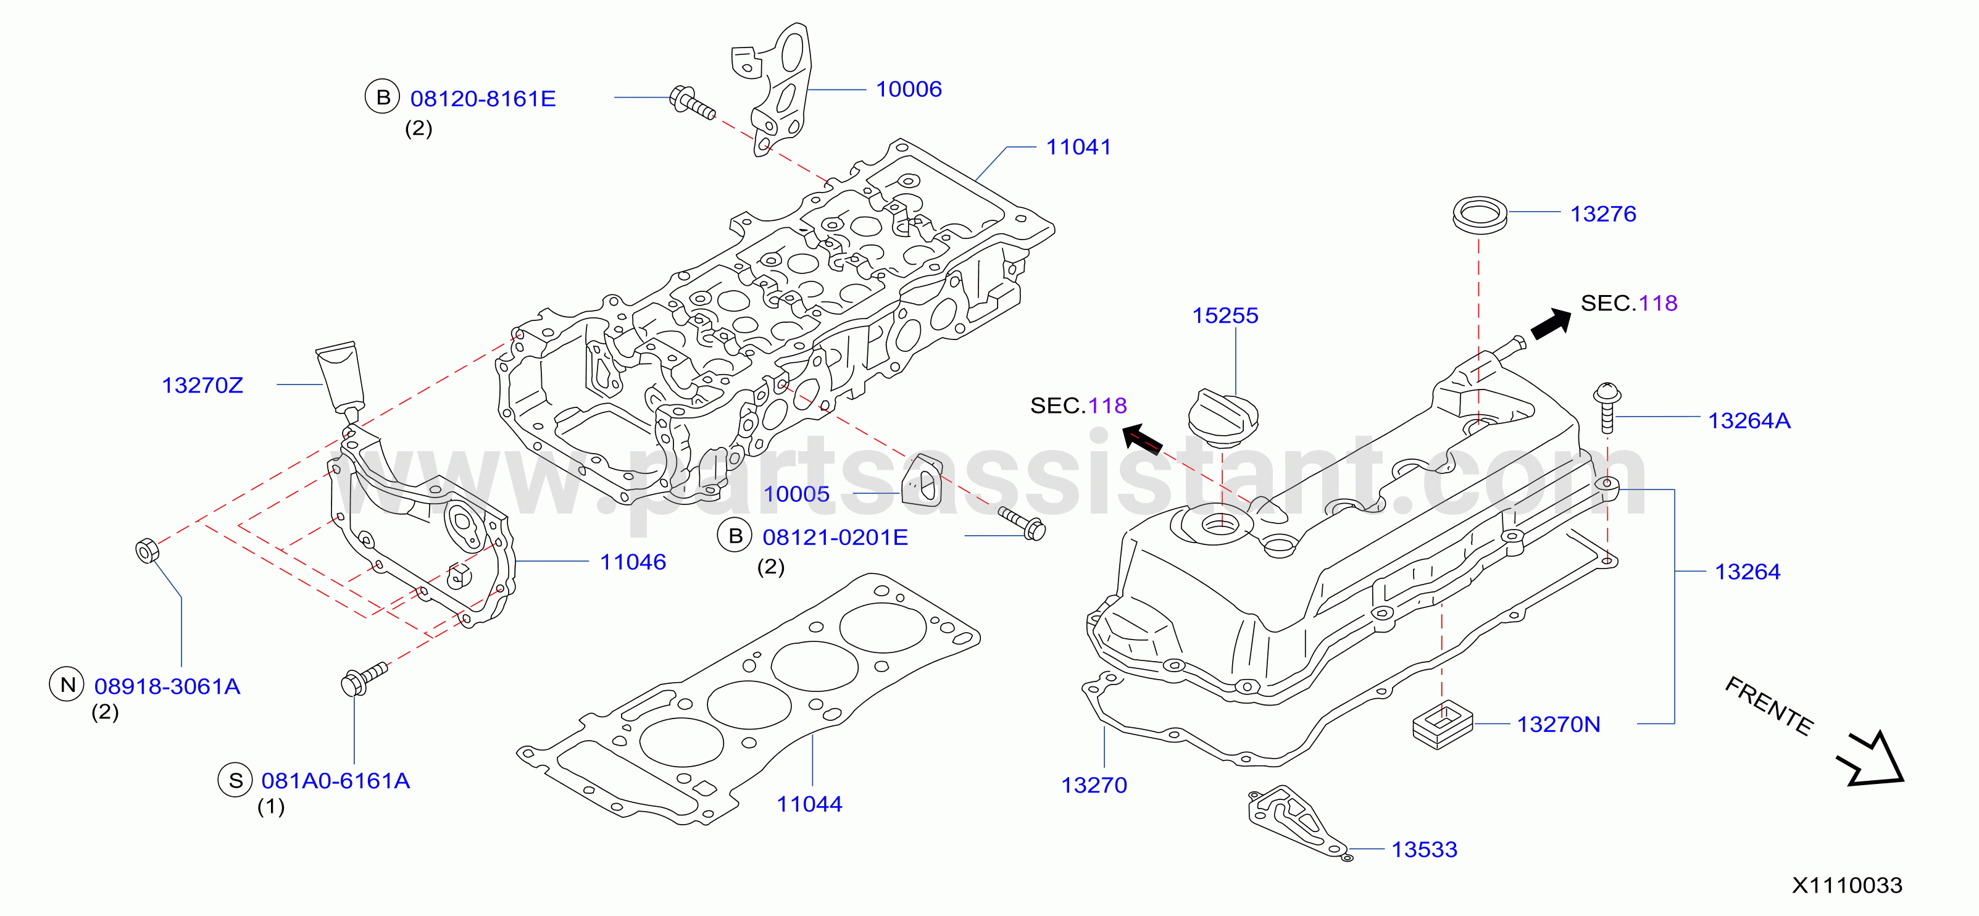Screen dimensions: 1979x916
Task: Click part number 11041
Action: [1078, 147]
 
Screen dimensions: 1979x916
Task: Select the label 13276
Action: [1602, 214]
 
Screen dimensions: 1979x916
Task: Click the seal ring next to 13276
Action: [1480, 214]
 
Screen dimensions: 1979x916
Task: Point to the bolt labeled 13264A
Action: [1606, 407]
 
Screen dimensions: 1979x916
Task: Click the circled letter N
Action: [68, 684]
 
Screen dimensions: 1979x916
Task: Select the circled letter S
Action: [236, 780]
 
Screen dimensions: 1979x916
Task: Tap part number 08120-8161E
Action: [483, 98]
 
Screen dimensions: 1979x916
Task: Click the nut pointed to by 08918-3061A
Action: [147, 551]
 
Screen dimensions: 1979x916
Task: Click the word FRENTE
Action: [1769, 706]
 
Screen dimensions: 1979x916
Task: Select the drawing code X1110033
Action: [1847, 885]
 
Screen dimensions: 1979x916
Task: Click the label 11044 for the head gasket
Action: [809, 804]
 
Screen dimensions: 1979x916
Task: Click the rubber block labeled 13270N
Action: [1442, 723]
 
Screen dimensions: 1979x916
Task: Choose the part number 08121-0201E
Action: [835, 537]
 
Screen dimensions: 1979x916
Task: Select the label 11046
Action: [632, 562]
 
